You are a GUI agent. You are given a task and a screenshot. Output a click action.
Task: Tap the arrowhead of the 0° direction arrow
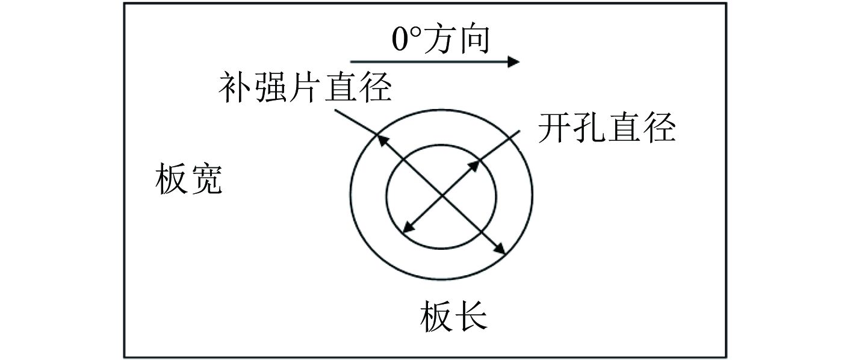513,61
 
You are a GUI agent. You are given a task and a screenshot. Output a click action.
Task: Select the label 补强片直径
305,88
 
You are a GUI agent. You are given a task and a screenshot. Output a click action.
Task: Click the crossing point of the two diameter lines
442,194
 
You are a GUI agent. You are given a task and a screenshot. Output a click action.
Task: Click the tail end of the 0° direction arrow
352,61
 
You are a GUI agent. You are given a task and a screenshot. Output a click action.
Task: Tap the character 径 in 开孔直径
659,128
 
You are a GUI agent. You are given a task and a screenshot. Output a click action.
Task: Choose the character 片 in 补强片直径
306,88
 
